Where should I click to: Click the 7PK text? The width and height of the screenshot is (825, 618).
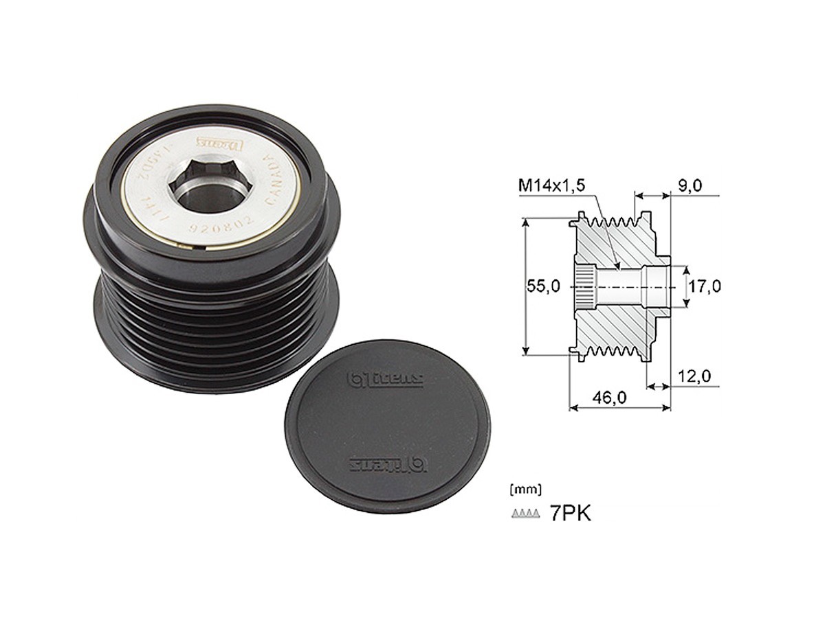point(570,514)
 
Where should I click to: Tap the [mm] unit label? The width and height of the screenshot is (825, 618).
point(525,490)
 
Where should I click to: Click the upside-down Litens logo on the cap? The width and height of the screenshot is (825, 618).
point(374,463)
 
